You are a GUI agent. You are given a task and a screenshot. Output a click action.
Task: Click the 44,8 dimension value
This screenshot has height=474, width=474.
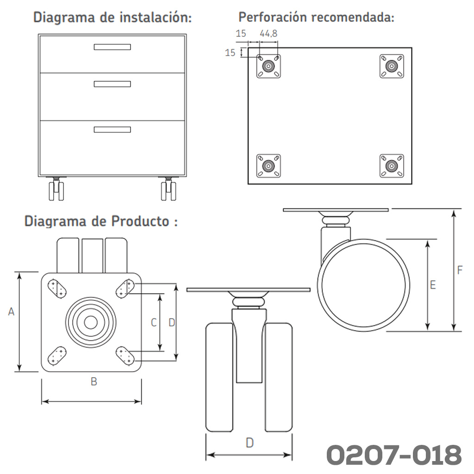[268, 33]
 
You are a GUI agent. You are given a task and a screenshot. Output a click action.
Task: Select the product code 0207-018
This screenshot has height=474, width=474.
[394, 455]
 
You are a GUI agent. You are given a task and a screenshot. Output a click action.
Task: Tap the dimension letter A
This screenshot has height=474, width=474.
[11, 312]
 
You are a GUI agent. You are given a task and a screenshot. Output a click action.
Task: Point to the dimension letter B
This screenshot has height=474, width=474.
[94, 381]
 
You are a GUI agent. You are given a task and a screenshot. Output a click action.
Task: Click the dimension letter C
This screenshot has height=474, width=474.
[154, 323]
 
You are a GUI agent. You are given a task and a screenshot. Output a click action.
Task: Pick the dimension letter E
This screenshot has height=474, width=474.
[433, 285]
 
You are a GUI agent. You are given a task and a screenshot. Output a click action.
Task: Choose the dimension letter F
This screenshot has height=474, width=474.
[460, 270]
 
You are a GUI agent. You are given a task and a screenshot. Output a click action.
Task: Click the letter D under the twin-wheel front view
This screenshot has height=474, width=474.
[249, 443]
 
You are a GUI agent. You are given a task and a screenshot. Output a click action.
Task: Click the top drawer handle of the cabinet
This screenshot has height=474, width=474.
[112, 47]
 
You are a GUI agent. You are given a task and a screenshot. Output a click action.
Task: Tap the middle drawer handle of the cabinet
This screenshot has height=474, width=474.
[112, 84]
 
